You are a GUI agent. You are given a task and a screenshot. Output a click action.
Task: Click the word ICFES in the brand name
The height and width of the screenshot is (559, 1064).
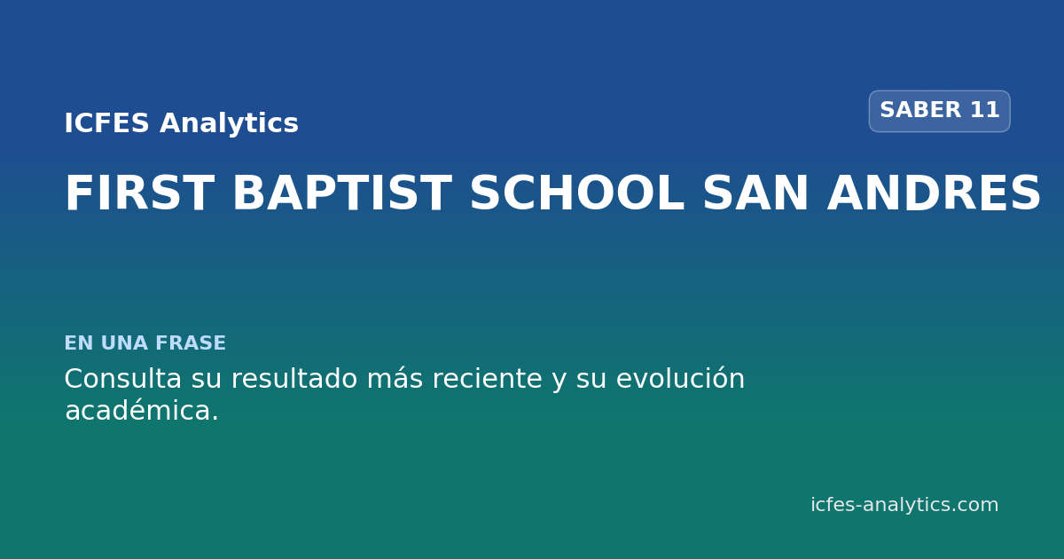point(107,123)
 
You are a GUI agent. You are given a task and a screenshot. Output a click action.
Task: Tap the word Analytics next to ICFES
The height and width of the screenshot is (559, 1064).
point(229,124)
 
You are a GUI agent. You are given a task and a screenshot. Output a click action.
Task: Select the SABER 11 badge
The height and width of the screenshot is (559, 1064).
point(940,111)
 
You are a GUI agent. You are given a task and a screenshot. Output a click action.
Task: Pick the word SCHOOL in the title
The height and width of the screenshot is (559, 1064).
point(577,193)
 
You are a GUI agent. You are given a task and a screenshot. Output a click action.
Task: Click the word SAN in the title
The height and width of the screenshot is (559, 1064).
point(755,193)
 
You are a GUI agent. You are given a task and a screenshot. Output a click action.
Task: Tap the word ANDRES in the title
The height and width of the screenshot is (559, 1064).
point(934,193)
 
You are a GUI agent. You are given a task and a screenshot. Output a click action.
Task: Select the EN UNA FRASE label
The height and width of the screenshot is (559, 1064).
point(145,342)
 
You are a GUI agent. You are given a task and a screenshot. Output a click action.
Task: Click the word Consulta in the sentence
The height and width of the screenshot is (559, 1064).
point(123,379)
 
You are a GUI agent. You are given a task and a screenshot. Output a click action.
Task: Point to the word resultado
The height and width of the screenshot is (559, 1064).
point(294,379)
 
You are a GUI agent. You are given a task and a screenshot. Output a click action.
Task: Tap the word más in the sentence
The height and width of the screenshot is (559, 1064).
point(395,379)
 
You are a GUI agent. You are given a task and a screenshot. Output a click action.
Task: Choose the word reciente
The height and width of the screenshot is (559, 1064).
point(488,379)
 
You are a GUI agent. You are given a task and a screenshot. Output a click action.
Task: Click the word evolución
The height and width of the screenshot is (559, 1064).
point(680,379)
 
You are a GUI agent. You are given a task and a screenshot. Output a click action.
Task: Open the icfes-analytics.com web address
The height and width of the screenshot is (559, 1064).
point(904,505)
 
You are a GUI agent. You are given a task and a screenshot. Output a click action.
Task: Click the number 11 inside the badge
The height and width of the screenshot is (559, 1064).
point(985,110)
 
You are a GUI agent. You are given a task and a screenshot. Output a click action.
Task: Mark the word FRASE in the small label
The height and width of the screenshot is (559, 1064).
point(191,342)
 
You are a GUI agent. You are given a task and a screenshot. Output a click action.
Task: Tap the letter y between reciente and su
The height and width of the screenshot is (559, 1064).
point(559,382)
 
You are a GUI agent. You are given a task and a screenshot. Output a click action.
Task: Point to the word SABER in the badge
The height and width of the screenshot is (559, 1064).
point(920,110)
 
